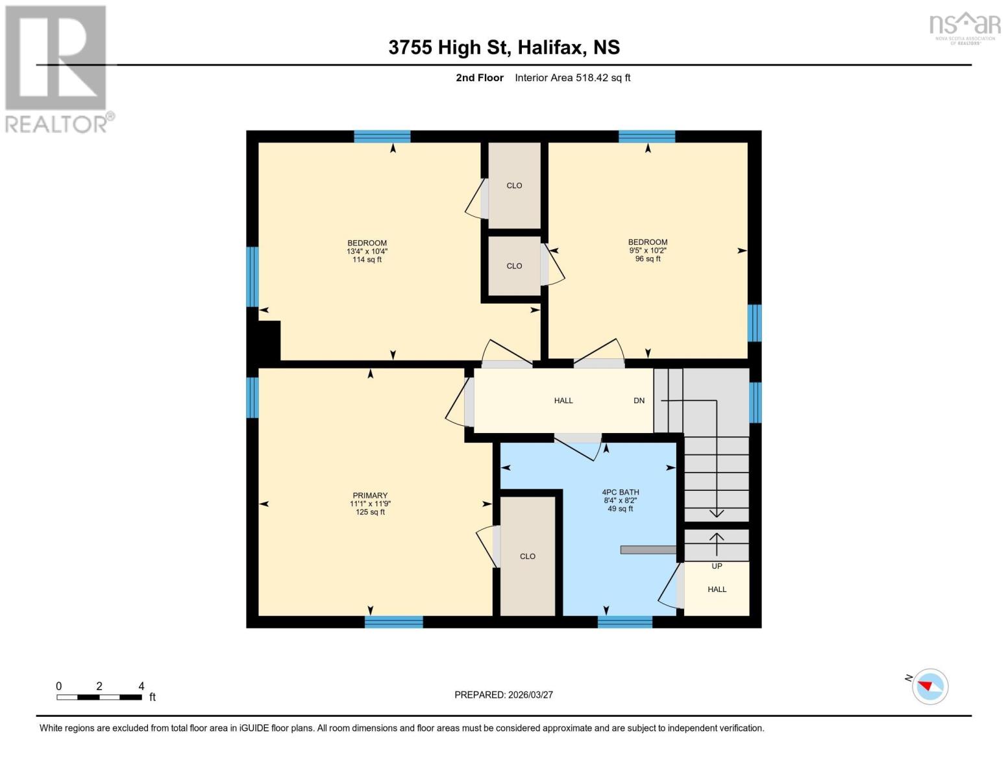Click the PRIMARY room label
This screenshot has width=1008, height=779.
[370, 495]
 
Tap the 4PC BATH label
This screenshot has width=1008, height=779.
[621, 492]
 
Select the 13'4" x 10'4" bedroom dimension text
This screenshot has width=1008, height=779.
[367, 251]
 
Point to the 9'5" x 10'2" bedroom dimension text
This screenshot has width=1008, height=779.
[648, 251]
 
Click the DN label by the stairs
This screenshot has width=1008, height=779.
[639, 401]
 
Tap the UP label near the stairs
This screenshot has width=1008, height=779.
[717, 566]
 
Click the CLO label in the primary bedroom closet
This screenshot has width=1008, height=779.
[528, 556]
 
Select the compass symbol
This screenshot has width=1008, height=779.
[929, 687]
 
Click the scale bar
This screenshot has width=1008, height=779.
[99, 697]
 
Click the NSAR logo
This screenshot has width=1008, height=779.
[965, 29]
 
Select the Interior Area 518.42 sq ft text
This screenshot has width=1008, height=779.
[572, 78]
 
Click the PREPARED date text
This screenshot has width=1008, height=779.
[503, 695]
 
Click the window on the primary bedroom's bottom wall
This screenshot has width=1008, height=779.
[394, 622]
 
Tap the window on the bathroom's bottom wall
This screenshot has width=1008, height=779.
[625, 622]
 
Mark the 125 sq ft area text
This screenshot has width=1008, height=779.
[370, 512]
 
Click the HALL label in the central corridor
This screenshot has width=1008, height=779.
[563, 401]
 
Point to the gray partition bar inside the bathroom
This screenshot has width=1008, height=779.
[648, 550]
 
